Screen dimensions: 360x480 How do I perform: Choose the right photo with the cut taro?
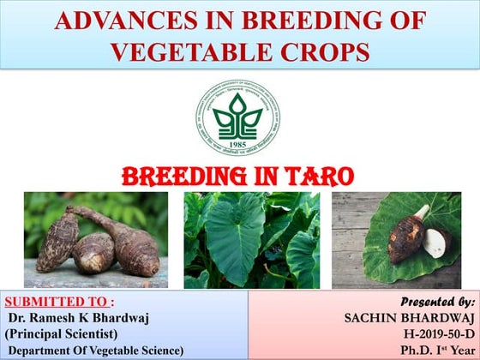pos(395,239)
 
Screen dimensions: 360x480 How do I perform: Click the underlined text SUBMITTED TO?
pos(56,302)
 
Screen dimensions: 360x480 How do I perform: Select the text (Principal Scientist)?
pos(61,333)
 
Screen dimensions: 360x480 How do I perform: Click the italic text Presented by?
pos(437,302)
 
